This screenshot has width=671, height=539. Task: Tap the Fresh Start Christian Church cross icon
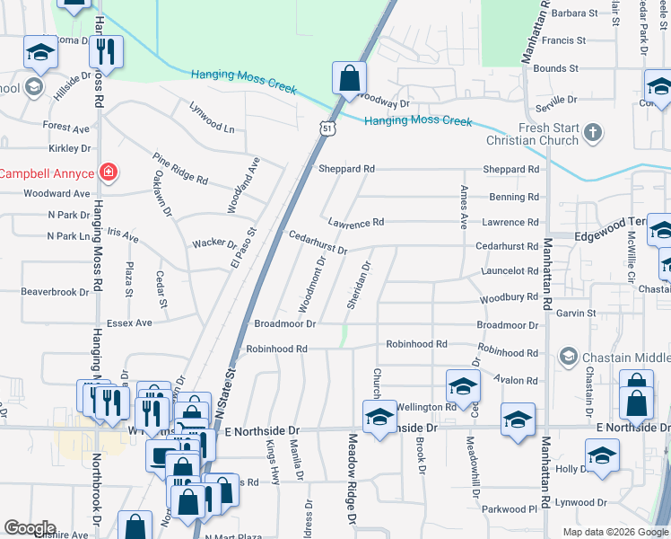pyautogui.click(x=591, y=134)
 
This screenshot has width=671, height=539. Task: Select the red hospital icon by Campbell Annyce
pyautogui.click(x=109, y=171)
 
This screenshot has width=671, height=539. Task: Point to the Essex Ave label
pyautogui.click(x=131, y=323)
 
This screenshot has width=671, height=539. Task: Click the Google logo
pyautogui.click(x=30, y=528)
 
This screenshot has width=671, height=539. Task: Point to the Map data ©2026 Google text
pyautogui.click(x=614, y=531)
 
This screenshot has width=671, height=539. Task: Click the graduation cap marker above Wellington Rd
pyautogui.click(x=462, y=385)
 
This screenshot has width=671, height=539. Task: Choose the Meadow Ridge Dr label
pyautogui.click(x=352, y=480)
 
